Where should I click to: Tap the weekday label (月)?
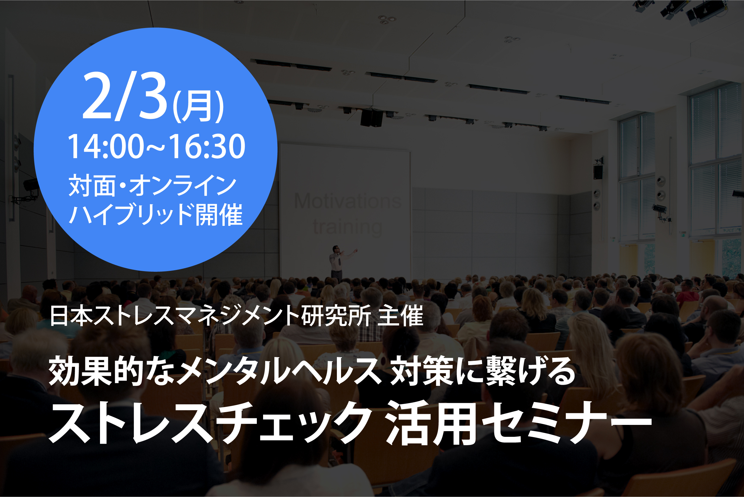click(x=198, y=106)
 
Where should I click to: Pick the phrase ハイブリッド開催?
click(x=156, y=215)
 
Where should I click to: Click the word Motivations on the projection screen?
click(x=348, y=201)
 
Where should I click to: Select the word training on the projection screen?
click(x=348, y=227)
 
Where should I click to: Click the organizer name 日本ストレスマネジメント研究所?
click(x=210, y=316)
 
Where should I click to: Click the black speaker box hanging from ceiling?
click(x=372, y=118)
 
